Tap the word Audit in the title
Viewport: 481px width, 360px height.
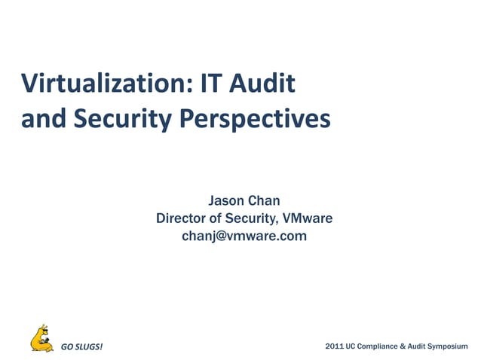coord(265,83)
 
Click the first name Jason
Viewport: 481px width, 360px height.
coord(224,201)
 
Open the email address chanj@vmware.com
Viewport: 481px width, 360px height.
coord(244,236)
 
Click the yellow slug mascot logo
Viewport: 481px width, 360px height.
coord(41,340)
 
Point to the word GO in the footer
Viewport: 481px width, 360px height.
coord(66,347)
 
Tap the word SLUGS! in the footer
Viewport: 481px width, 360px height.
coord(90,347)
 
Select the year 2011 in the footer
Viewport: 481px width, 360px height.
coord(334,346)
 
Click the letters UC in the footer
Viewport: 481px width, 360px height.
coord(352,346)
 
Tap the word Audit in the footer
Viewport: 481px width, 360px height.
coord(417,346)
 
